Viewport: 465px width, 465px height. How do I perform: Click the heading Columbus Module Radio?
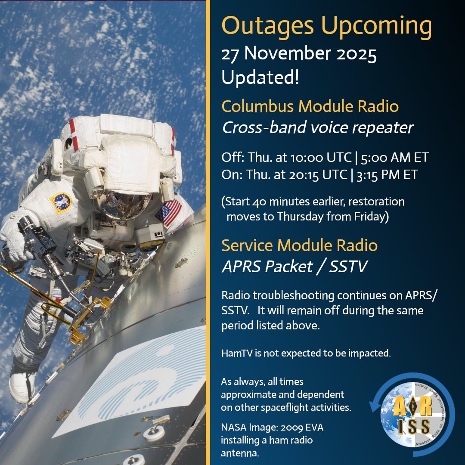(310, 106)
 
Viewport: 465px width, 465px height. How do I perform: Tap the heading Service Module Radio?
(299, 245)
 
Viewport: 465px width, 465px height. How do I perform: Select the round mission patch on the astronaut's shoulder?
(60, 203)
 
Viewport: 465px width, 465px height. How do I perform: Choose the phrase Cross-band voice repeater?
(317, 127)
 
